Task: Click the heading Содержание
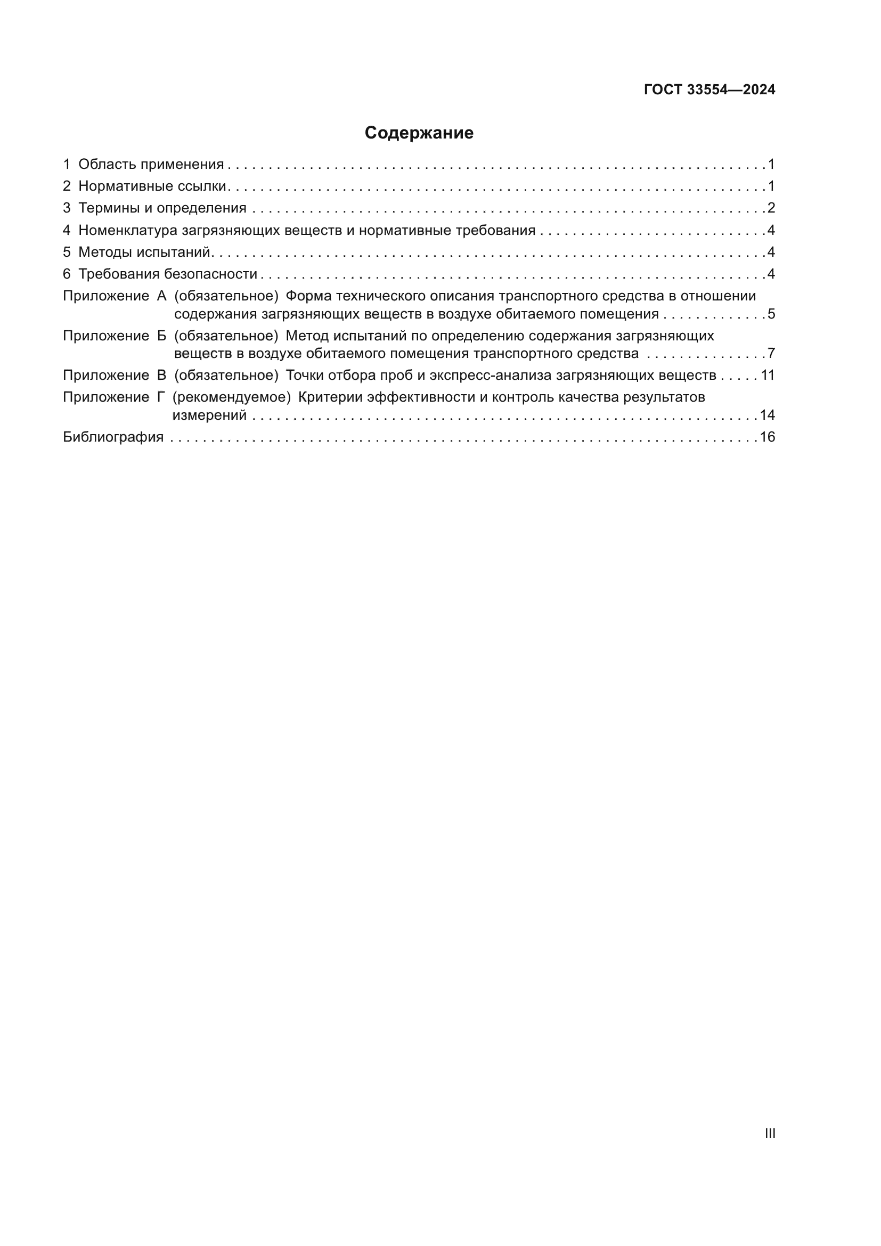point(419,133)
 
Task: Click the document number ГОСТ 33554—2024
point(709,90)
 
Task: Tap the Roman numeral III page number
point(770,1133)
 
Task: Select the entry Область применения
point(151,165)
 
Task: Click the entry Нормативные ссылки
point(152,186)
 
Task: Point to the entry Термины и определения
point(162,208)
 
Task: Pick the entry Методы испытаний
point(144,252)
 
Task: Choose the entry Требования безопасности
point(168,274)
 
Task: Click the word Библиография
point(113,437)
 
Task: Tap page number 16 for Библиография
point(767,437)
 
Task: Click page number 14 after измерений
point(767,415)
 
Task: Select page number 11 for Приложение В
point(768,375)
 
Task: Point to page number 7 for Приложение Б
point(771,353)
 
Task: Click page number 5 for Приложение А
point(771,314)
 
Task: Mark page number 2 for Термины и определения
point(771,208)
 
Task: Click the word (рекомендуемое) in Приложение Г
point(232,397)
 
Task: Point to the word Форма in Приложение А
point(307,296)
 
